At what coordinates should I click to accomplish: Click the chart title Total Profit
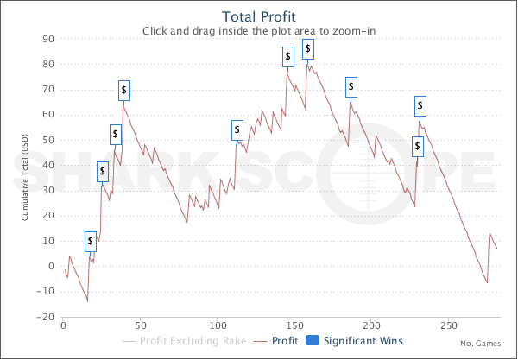coord(258,16)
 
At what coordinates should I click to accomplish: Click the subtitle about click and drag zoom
coord(258,30)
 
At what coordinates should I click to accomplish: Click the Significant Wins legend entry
coord(358,340)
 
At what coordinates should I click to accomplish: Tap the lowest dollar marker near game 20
coord(91,241)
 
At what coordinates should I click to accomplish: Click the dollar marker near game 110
coord(237,130)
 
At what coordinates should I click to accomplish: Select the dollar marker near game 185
coord(351,87)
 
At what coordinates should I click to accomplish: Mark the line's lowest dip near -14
coord(87,301)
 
